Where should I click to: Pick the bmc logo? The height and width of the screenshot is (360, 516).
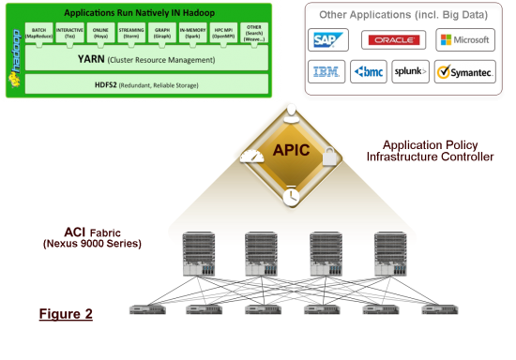coord(370,71)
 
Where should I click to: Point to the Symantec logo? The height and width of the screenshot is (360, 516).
coord(463,71)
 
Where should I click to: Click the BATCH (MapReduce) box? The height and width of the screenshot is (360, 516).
coord(38,34)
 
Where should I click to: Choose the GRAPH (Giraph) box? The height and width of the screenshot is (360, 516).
coord(161,34)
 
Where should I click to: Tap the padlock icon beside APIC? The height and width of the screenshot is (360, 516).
coord(329,159)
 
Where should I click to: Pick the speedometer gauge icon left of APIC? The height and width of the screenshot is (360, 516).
coord(249,157)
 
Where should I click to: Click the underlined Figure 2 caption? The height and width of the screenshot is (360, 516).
coord(65,314)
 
